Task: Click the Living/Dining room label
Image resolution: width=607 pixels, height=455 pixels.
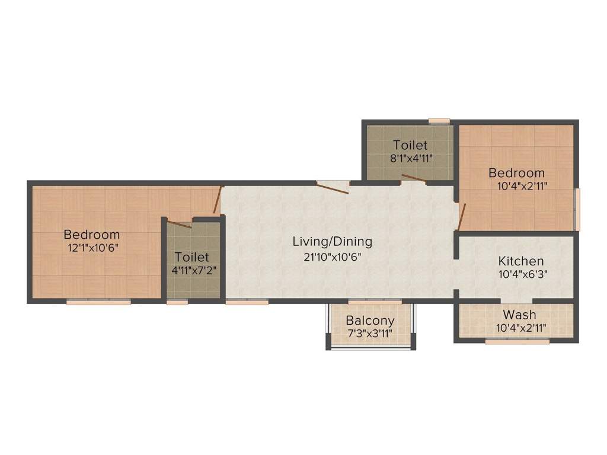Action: point(332,242)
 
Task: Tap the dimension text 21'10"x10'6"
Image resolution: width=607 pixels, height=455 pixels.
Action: point(332,257)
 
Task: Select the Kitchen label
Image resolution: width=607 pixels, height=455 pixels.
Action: point(520,261)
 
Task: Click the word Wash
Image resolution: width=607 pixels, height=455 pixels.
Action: point(519,315)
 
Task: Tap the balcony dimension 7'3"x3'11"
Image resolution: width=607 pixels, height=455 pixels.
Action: point(370,334)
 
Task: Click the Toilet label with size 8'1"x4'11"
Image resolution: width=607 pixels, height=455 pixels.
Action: point(410,145)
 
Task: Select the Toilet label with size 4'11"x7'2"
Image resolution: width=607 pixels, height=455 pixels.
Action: point(191,257)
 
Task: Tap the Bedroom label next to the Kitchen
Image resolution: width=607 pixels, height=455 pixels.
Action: point(516,173)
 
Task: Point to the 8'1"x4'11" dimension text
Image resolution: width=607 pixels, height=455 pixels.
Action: point(410,159)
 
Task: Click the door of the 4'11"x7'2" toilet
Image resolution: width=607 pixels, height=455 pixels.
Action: point(179,223)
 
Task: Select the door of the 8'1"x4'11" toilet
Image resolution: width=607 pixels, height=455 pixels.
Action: point(413,178)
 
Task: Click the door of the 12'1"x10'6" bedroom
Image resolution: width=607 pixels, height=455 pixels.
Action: point(218,200)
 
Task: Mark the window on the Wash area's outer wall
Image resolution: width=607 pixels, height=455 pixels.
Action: point(517,341)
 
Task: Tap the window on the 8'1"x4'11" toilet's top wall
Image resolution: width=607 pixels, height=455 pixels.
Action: point(439,121)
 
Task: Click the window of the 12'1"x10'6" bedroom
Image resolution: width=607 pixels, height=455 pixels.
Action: point(98,302)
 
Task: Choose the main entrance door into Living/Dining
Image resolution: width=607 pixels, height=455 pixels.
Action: point(332,187)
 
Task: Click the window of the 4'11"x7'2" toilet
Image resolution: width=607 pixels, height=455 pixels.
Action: point(177,302)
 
